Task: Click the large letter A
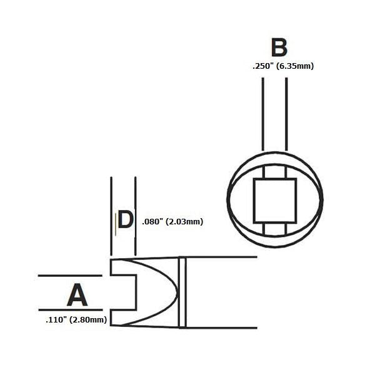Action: [x=77, y=294]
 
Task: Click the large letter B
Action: [x=279, y=47]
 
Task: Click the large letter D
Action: [x=126, y=219]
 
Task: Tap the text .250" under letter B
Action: [x=263, y=66]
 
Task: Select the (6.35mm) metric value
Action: [x=295, y=66]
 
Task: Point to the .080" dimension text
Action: [x=152, y=221]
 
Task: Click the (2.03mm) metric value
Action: [x=184, y=222]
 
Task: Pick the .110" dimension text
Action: [x=56, y=320]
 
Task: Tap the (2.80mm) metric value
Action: [x=88, y=320]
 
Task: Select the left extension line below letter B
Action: [x=263, y=114]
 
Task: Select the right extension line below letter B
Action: [x=286, y=114]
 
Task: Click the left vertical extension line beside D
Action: [x=111, y=216]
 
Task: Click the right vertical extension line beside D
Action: [x=136, y=216]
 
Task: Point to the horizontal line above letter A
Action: [x=70, y=276]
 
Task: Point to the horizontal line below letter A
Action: [x=71, y=310]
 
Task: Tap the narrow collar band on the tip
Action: [x=182, y=292]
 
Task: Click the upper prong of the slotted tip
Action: [x=123, y=267]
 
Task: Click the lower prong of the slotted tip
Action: [x=123, y=317]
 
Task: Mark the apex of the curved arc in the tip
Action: [x=178, y=292]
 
